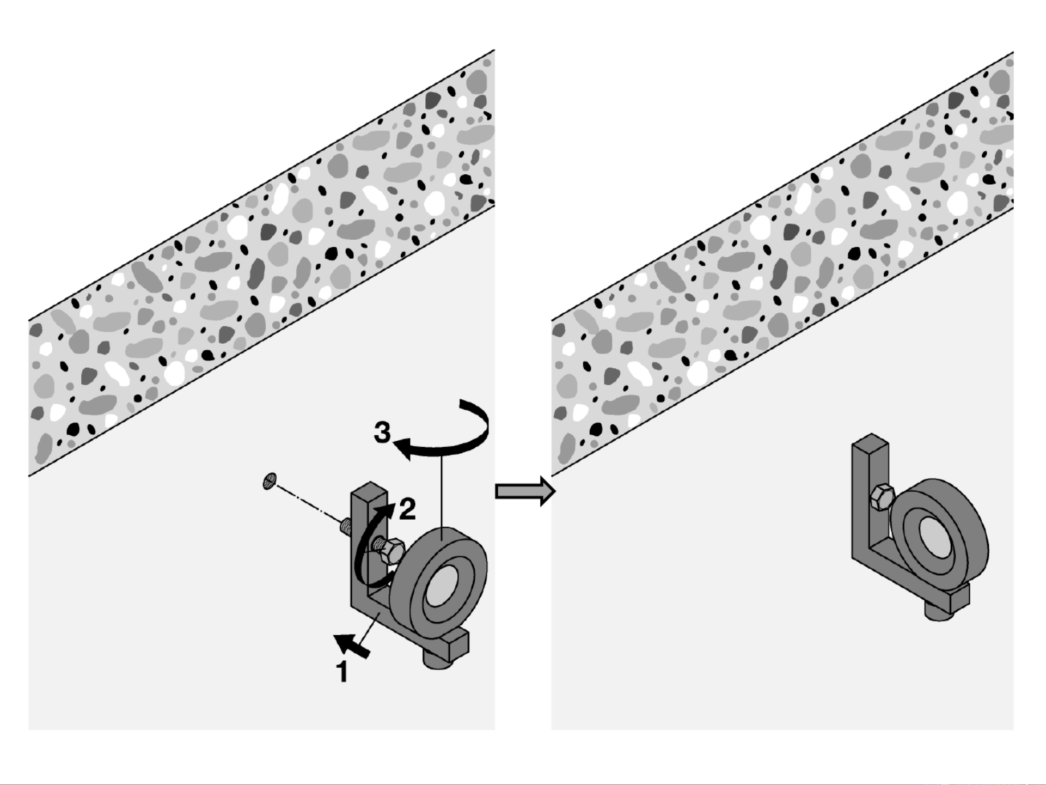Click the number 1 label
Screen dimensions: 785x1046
(342, 672)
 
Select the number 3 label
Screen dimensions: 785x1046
(382, 433)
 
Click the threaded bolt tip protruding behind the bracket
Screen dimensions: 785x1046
(345, 526)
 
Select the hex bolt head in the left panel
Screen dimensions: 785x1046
(390, 551)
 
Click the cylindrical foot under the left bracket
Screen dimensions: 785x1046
(439, 661)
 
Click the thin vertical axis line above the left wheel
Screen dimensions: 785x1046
(442, 490)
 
